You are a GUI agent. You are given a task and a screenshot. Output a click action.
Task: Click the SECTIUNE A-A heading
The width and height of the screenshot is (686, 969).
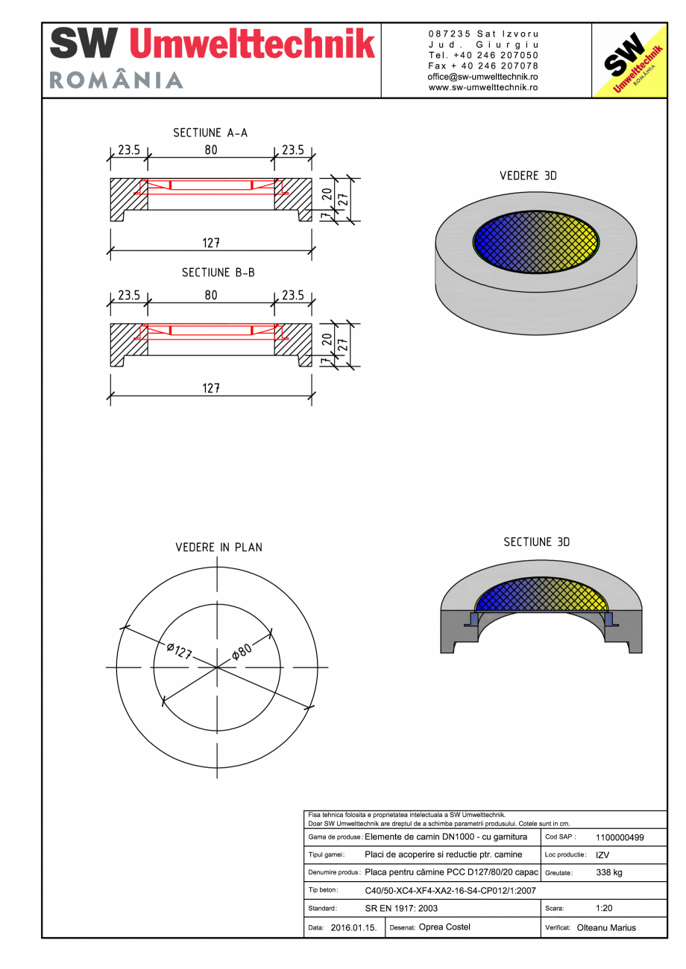[x=210, y=133]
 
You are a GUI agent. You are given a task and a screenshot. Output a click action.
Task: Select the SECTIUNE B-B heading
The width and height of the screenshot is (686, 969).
[x=218, y=273]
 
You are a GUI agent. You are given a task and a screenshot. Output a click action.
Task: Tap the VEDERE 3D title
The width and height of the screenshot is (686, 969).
[x=528, y=176]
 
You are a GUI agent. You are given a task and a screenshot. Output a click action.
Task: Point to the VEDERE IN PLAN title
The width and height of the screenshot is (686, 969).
[x=218, y=547]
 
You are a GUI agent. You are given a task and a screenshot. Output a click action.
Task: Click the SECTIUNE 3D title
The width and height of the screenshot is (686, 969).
[x=536, y=542]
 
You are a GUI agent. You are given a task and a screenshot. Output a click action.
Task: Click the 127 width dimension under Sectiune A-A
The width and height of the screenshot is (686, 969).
[x=211, y=243]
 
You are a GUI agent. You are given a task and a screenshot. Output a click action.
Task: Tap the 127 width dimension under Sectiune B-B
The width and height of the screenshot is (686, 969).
[x=211, y=387]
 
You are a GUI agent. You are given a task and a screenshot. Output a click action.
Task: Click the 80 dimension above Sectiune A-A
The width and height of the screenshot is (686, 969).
[x=211, y=150]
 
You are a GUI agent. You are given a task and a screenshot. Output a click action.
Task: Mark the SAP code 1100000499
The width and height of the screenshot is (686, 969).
[x=620, y=837]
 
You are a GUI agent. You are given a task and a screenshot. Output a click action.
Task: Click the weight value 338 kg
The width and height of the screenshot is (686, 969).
[x=609, y=872]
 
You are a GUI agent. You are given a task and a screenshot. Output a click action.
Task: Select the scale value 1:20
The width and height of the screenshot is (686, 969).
[x=605, y=909]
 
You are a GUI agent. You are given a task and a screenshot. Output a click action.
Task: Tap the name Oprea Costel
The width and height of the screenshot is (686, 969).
[x=444, y=927]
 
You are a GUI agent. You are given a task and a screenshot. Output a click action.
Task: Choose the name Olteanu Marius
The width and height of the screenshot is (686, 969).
[x=606, y=928]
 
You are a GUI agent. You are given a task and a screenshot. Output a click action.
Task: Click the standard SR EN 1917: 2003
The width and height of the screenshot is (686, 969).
[x=401, y=909]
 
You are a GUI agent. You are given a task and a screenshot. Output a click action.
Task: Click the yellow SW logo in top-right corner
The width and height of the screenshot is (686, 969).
[x=629, y=61]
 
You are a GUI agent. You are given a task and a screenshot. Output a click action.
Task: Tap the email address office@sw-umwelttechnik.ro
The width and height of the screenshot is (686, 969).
[x=483, y=77]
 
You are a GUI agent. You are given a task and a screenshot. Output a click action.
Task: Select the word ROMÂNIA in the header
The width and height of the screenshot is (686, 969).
[x=116, y=80]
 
